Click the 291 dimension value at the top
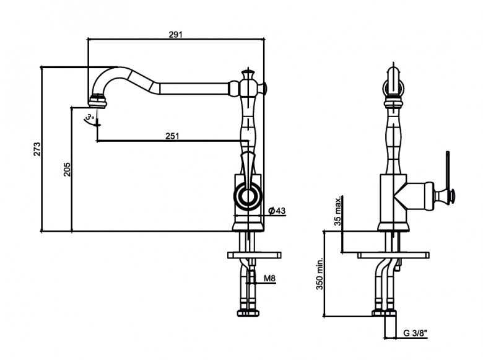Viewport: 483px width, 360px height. coord(175,35)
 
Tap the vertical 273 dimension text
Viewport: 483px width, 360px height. coord(37,149)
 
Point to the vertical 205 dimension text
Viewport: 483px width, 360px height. coord(67,169)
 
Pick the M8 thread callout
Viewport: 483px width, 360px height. coord(269,279)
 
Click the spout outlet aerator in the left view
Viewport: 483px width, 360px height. coord(98,97)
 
